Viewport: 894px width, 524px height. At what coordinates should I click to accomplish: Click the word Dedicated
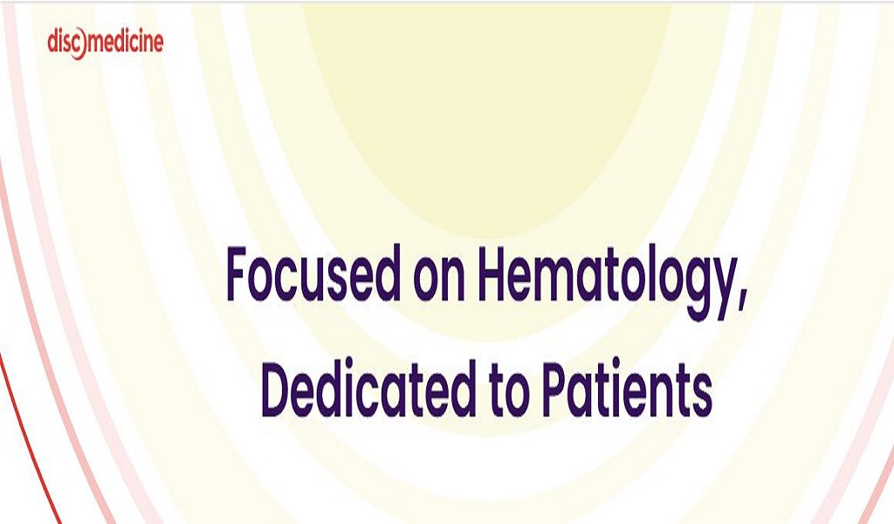point(368,389)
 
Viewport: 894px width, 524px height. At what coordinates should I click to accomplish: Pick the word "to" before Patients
point(510,392)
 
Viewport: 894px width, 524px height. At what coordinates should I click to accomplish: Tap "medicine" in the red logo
point(125,42)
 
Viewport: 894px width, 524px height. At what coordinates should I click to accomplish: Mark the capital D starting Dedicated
point(280,390)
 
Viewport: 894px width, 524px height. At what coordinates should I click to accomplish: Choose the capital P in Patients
point(559,390)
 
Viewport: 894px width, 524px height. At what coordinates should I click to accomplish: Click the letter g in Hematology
point(686,291)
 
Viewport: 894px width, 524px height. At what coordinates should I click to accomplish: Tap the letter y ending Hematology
point(718,292)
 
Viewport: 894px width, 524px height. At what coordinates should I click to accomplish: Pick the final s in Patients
point(701,396)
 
